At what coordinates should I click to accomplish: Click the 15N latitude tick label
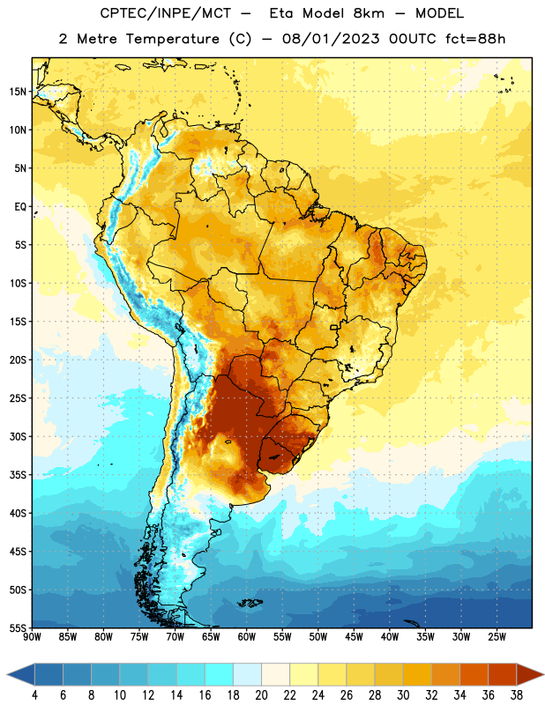pos(18,92)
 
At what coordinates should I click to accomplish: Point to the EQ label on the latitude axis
pos(20,207)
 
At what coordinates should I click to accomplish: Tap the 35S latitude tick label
pos(18,475)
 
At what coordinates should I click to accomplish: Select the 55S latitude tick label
pos(18,627)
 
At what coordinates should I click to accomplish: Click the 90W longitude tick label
pos(32,637)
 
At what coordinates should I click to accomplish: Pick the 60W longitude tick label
pos(247,637)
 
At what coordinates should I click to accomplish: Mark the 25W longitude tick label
pos(496,637)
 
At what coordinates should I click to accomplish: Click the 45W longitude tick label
pos(354,637)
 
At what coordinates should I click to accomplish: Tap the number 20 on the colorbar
pos(261,694)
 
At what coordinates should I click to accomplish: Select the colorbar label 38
pos(517,694)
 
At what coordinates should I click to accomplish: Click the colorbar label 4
pos(34,694)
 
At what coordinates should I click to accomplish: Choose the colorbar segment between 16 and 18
pos(220,674)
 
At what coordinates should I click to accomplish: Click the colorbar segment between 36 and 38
pos(503,674)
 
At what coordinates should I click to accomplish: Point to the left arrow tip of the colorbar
pos(7,674)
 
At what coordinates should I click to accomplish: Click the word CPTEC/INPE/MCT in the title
pos(165,13)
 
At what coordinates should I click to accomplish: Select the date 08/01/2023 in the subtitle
pos(331,39)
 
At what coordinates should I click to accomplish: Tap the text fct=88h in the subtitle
pos(475,39)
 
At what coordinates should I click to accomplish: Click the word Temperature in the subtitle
pos(172,39)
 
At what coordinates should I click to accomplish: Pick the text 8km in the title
pos(369,13)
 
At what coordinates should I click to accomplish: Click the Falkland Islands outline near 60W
pos(250,603)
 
